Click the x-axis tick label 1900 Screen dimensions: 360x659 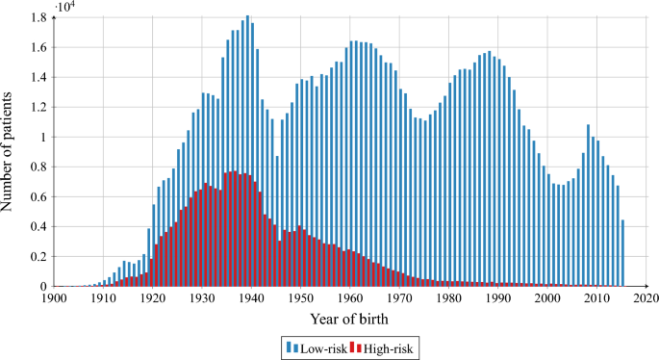click(x=54, y=298)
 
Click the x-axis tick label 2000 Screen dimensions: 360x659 click(x=547, y=298)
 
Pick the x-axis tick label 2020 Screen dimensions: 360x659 click(x=646, y=298)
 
